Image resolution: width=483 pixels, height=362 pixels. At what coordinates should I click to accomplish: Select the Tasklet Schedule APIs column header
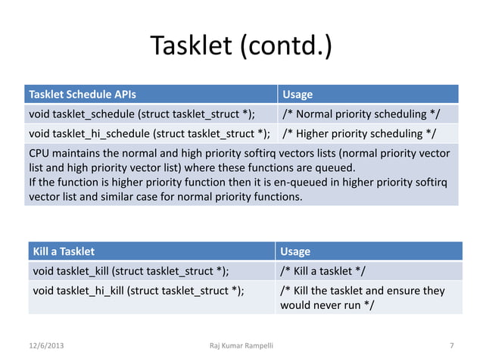point(83,95)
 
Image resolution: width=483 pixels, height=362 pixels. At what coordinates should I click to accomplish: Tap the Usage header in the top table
point(298,95)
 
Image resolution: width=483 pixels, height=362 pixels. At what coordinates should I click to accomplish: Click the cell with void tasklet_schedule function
point(142,115)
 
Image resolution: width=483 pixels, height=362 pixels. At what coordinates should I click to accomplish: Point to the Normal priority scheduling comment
point(360,115)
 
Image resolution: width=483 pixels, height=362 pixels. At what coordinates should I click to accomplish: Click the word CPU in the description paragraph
point(39,154)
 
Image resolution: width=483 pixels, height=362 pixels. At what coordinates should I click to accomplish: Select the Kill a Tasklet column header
point(62,251)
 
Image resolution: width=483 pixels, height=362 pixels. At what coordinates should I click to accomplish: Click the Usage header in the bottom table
point(295,251)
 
